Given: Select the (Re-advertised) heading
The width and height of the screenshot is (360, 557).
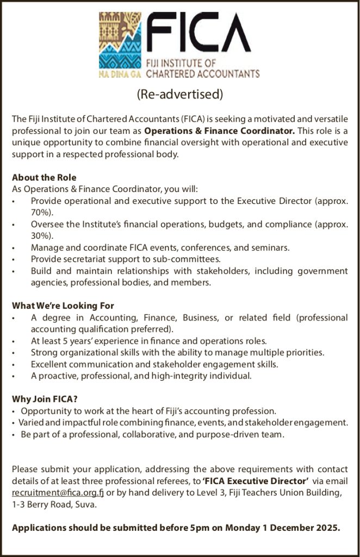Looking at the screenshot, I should [x=180, y=94].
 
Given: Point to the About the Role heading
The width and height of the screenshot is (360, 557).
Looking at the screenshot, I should [x=44, y=177].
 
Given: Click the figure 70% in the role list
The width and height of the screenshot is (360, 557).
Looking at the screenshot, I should [x=40, y=212].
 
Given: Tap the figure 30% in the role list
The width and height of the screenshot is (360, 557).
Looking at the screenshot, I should [x=40, y=236].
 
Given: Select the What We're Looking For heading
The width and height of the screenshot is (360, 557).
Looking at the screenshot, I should [x=63, y=306].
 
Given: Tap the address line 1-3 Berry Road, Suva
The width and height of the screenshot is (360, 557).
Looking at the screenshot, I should [x=54, y=504].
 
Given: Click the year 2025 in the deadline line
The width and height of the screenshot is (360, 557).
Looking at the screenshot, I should [x=326, y=528].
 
